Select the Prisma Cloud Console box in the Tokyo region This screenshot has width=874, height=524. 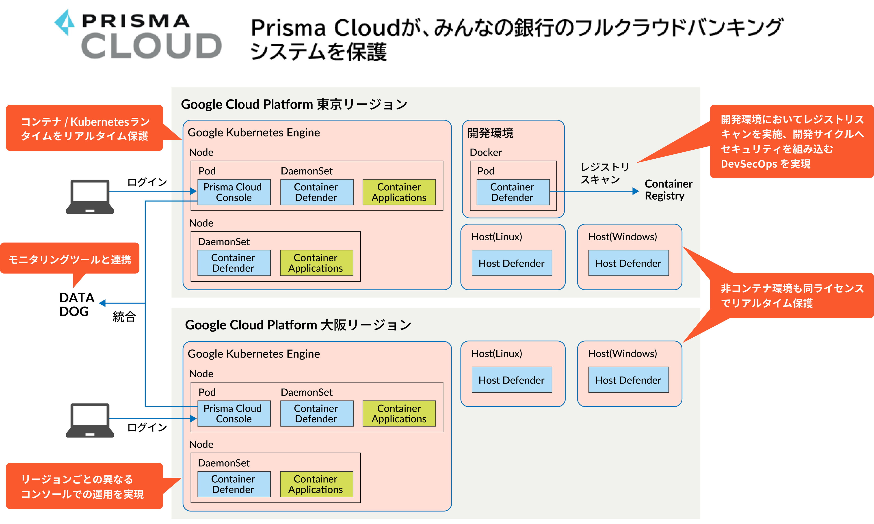(234, 192)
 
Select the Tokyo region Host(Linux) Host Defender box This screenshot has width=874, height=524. (511, 263)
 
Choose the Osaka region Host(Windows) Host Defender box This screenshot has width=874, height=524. (628, 380)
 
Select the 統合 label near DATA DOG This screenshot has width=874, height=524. (124, 316)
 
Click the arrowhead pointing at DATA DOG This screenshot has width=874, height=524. (102, 303)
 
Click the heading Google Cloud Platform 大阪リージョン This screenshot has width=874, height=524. (298, 324)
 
